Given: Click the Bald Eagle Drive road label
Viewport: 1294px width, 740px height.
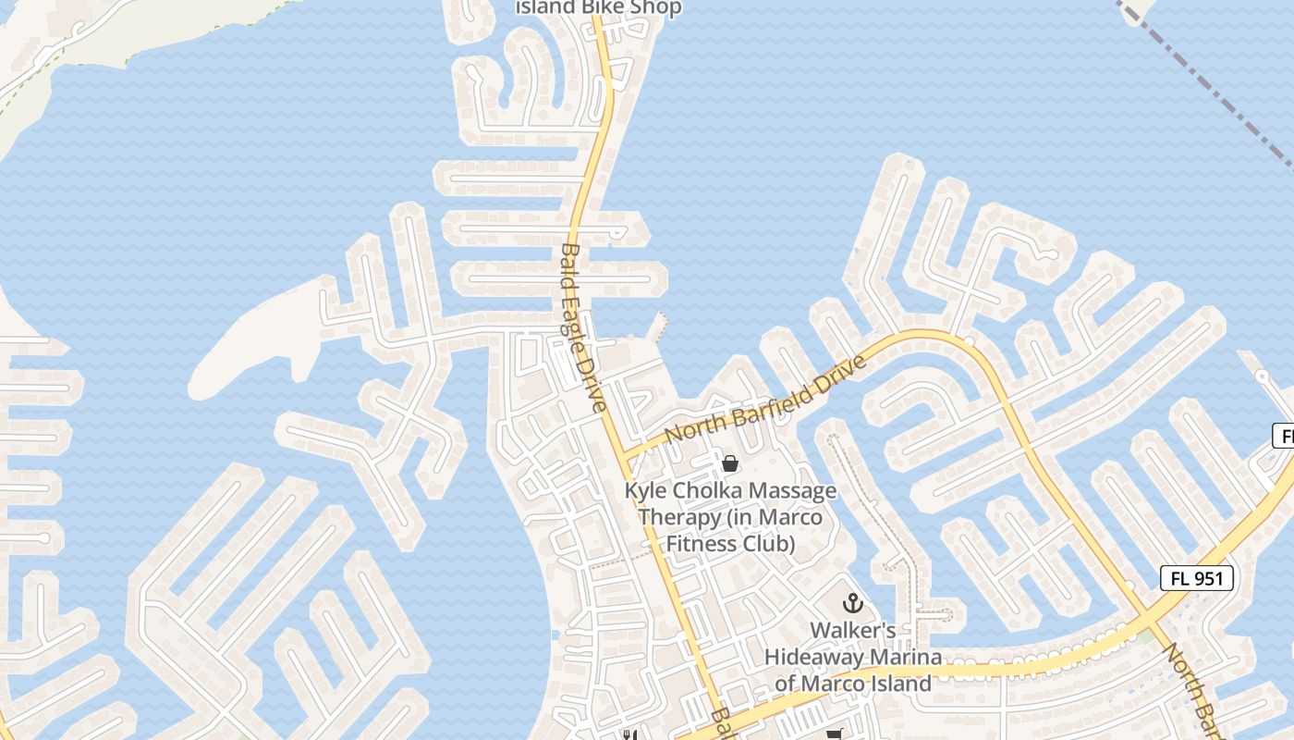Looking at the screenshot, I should tap(583, 327).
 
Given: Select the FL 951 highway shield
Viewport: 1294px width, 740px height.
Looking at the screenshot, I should tap(1197, 579).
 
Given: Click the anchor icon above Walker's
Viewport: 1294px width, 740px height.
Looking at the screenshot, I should tap(852, 604).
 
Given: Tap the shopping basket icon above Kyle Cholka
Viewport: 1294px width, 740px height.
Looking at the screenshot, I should tap(730, 462).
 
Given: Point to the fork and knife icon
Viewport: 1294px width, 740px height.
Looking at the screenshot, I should tap(629, 735).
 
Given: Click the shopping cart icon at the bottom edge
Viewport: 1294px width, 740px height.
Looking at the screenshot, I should tap(835, 735).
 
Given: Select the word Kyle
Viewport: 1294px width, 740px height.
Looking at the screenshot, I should tap(648, 491).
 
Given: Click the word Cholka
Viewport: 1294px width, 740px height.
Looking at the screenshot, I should tap(710, 491).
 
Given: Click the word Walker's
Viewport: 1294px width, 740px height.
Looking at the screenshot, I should tap(852, 631).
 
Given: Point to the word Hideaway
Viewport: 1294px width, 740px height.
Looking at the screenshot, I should tap(813, 658).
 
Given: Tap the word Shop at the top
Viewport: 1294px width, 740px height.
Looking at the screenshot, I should tap(658, 7).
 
